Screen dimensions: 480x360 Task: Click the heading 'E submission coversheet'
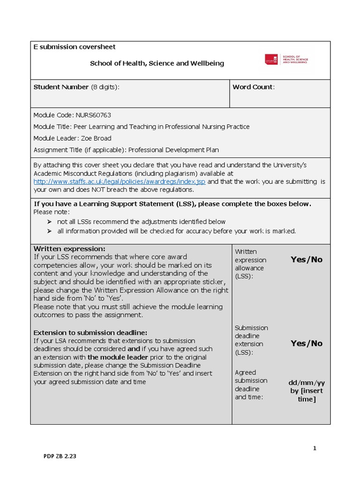[x=74, y=47]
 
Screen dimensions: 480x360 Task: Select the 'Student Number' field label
[x=61, y=87]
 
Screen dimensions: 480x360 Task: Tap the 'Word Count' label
[x=253, y=87]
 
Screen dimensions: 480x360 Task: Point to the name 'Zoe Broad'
[x=97, y=138]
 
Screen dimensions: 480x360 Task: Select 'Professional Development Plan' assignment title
[x=173, y=150]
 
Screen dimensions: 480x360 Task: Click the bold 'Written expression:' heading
[x=69, y=248]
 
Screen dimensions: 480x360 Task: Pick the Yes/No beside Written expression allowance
[x=307, y=260]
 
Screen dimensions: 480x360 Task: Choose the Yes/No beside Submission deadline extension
[x=307, y=344]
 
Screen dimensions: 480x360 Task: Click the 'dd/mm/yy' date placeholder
[x=307, y=382]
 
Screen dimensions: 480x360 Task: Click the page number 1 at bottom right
[x=315, y=448]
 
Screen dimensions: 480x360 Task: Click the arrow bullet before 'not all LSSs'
[x=50, y=222]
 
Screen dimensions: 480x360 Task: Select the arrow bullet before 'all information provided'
[x=50, y=231]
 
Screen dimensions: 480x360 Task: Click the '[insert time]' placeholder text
[x=307, y=395]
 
